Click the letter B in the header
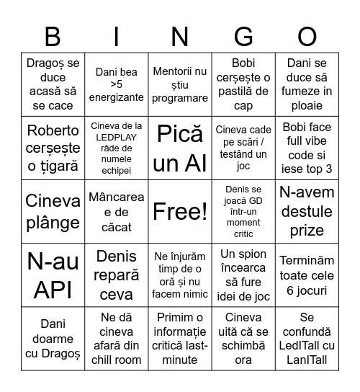pos(53,36)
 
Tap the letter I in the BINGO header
pos(116,36)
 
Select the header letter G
pos(243,36)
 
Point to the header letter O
pos(307,36)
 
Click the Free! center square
pos(179,211)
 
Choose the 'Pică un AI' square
pos(179,148)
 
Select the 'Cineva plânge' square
pos(53,211)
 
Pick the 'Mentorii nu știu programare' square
pos(179,85)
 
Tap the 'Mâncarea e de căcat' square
pos(116,211)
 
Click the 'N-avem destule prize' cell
pos(307,211)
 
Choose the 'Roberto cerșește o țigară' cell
pos(53,148)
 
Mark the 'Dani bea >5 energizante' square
pos(116,85)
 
